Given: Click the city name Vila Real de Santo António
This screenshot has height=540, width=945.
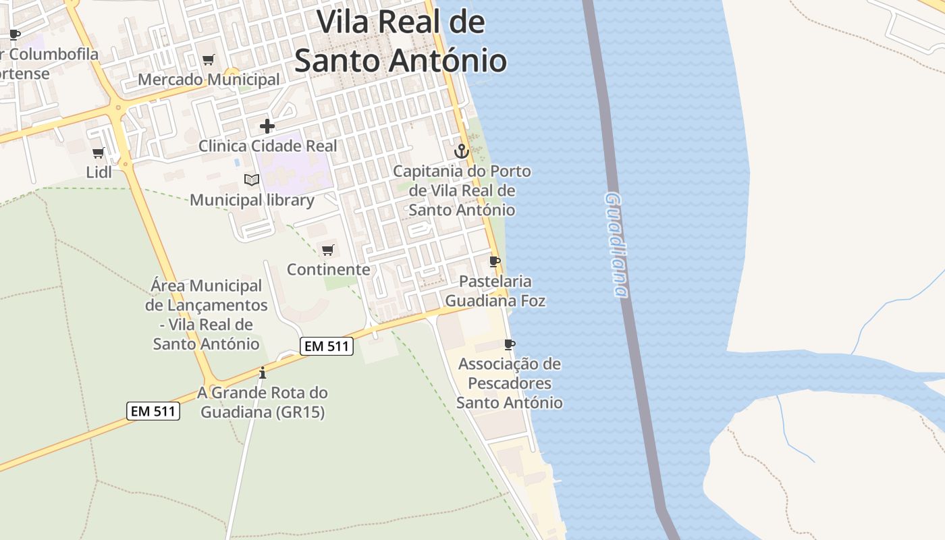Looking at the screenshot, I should click(400, 42).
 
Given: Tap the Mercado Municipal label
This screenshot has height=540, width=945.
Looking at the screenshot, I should click(209, 80).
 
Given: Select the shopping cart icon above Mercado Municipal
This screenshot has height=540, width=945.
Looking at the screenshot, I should click(209, 60).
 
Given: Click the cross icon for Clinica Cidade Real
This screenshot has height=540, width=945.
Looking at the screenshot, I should click(267, 126).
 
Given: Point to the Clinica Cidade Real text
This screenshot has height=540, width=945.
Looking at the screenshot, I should click(267, 146).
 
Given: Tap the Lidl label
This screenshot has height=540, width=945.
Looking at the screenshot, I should click(99, 172).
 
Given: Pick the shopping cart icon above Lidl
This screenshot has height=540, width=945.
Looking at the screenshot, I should click(99, 153).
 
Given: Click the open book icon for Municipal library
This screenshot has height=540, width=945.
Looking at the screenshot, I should click(252, 180).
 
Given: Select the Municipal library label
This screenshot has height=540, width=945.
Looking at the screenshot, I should click(252, 200).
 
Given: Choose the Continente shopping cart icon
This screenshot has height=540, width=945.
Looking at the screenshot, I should click(328, 250).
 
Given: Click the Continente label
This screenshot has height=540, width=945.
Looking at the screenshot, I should click(328, 269).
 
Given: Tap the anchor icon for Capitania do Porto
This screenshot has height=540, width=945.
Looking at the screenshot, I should click(462, 151).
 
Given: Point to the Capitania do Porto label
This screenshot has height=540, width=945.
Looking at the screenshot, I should click(462, 190).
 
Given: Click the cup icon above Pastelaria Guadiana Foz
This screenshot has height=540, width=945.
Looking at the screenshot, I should click(495, 261).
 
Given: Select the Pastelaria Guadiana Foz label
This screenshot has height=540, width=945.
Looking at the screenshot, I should click(495, 291).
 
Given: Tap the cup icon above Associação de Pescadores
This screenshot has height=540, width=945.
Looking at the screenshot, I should click(510, 345).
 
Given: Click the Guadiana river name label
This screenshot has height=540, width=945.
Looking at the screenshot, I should click(616, 244).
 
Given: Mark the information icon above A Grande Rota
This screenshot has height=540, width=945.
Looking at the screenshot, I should click(263, 373).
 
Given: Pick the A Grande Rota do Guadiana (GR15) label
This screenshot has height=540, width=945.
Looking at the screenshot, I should click(263, 402).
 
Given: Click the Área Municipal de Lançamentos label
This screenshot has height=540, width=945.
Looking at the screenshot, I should click(206, 315).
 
